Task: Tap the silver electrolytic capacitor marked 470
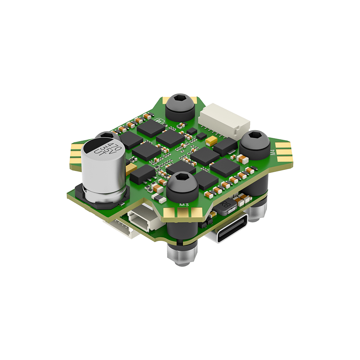click(x=103, y=169)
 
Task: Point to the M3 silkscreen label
click(x=184, y=205)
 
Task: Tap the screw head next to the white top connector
click(x=181, y=103)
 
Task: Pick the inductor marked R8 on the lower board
click(x=225, y=207)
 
